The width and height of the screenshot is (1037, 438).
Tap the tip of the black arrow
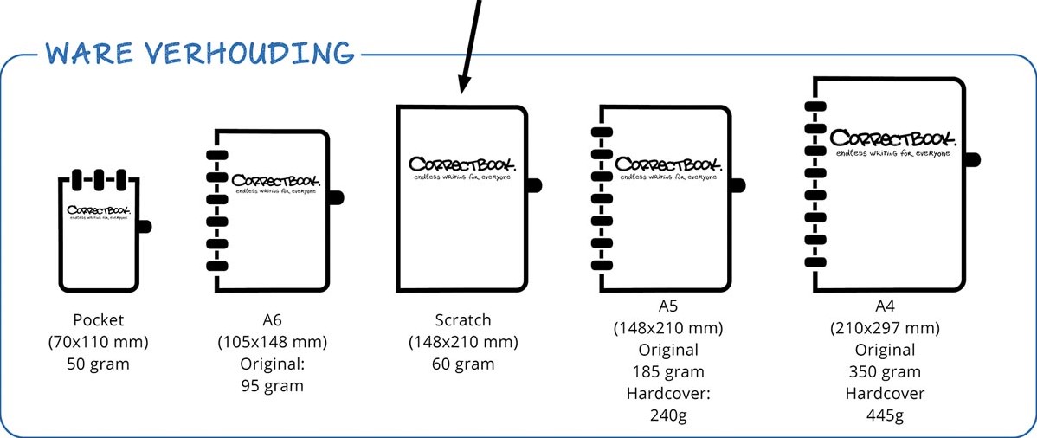(x=461, y=90)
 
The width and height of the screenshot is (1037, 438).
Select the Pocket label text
(x=98, y=320)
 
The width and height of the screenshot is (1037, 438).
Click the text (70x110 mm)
(x=98, y=342)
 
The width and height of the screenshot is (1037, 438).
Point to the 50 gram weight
(x=98, y=364)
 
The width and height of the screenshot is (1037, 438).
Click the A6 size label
(x=272, y=320)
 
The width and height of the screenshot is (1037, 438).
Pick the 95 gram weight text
(x=272, y=385)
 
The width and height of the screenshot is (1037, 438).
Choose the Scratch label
(x=463, y=320)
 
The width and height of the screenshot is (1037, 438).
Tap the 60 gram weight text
(x=463, y=364)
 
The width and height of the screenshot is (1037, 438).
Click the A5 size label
(x=667, y=306)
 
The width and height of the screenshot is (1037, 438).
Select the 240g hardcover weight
(x=667, y=415)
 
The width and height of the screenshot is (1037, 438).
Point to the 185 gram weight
(x=667, y=371)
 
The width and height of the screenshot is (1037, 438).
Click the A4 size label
(x=885, y=306)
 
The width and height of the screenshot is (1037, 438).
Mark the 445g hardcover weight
(x=885, y=415)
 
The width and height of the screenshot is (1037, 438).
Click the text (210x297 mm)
(x=885, y=328)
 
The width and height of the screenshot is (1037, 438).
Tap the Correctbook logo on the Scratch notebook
(x=462, y=165)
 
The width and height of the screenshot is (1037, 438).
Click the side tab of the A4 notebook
(x=972, y=159)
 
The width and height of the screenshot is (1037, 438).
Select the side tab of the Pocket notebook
(x=145, y=226)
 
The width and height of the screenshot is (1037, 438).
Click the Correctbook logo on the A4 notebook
(x=892, y=140)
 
